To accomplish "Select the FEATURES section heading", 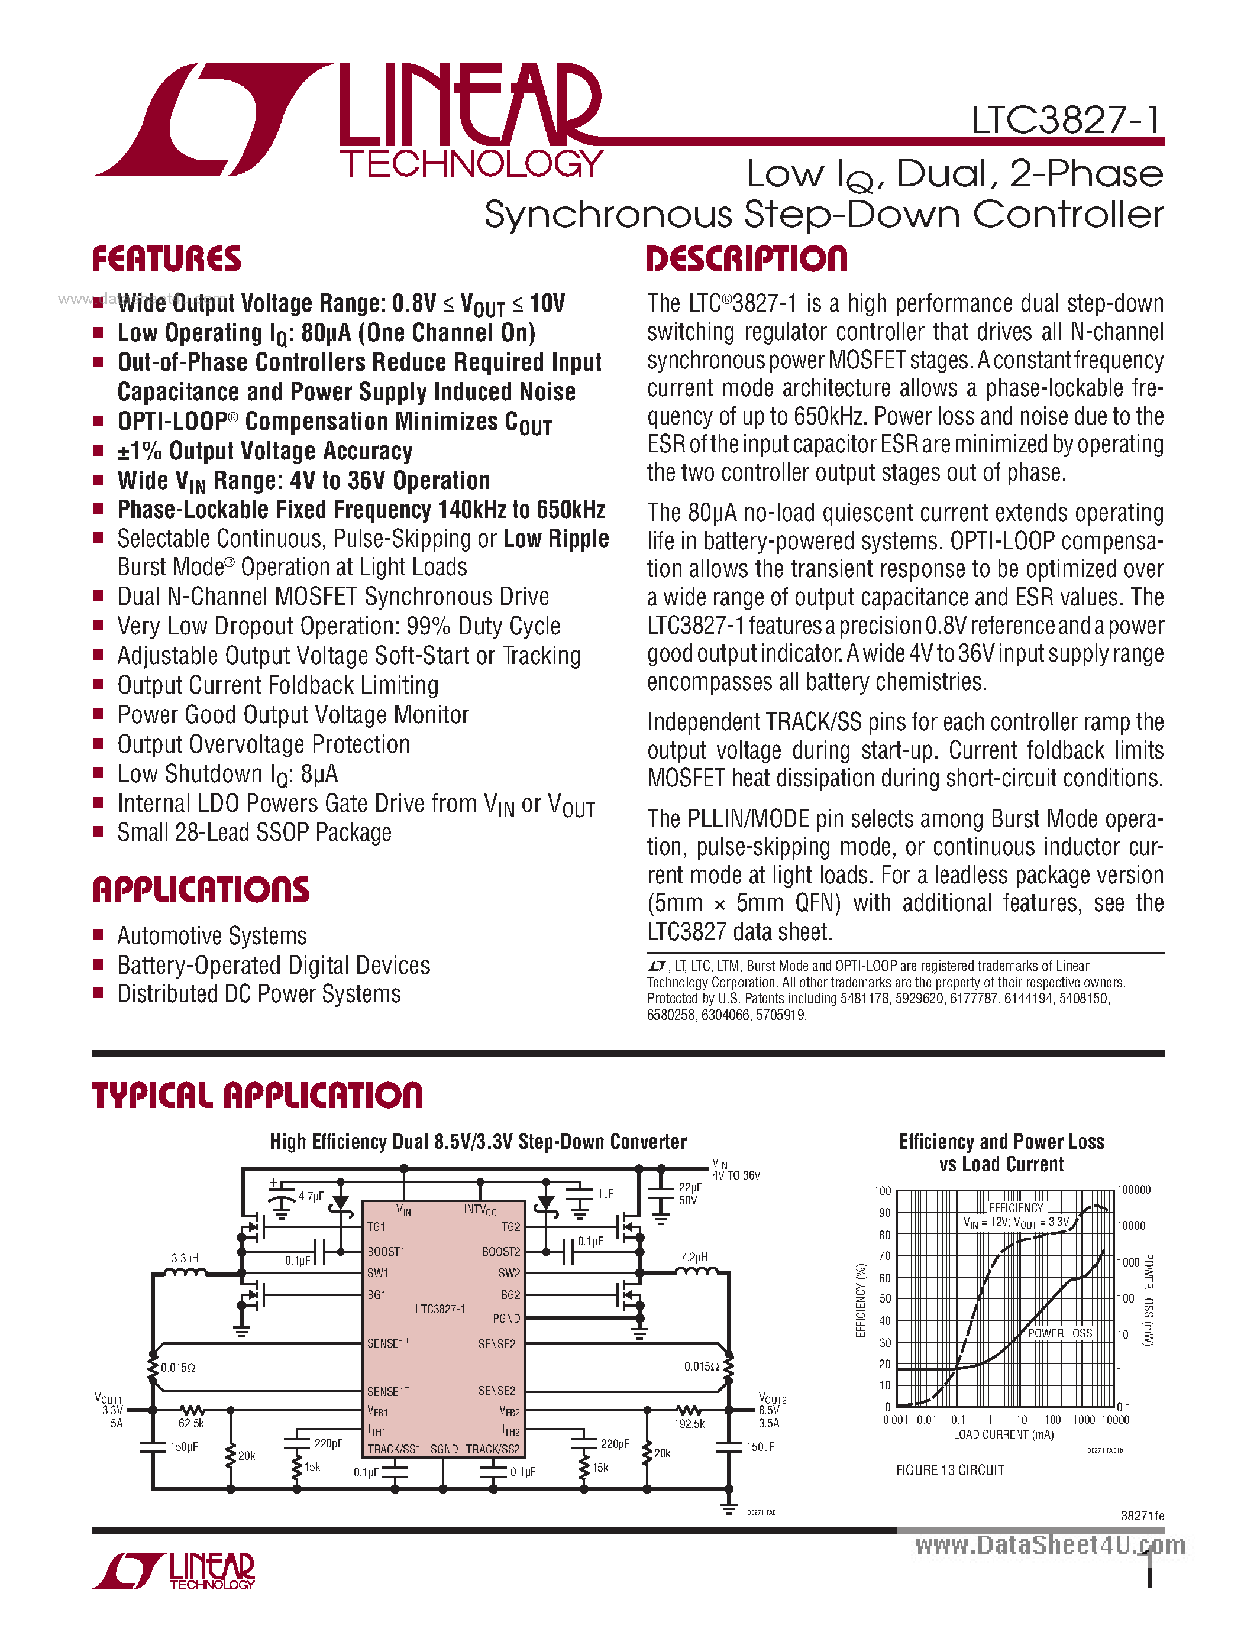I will [166, 260].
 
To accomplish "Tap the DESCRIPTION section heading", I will [747, 260].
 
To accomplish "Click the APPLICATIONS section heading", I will [201, 890].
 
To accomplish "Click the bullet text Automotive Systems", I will [212, 936].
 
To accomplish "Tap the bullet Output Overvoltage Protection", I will [264, 744].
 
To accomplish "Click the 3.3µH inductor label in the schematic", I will [185, 1258].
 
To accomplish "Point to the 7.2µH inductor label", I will [694, 1256].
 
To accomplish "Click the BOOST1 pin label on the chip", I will [386, 1252].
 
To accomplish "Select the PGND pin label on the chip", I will [506, 1318].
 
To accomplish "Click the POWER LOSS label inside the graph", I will [1059, 1333].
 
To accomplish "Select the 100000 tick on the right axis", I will [1133, 1190].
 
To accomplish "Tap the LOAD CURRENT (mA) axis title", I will [1003, 1434].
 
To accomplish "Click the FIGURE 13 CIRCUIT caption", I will [949, 1470].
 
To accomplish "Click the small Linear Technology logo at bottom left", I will [173, 1571].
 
